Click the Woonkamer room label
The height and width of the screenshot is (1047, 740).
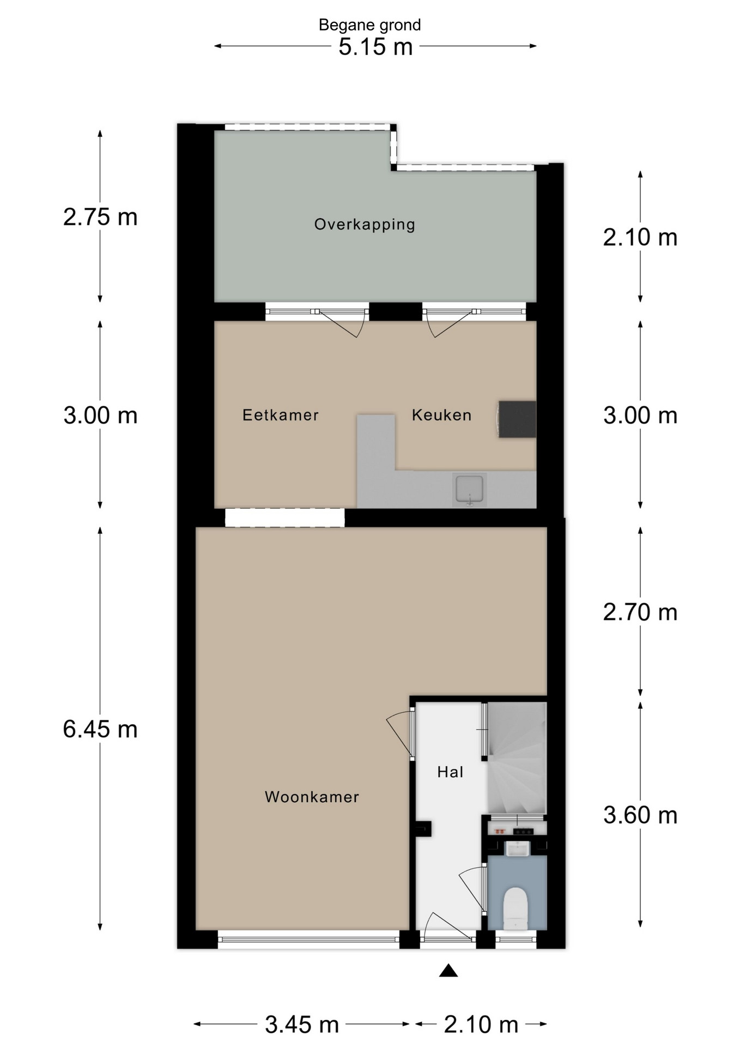312,797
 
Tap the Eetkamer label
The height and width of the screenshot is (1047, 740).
281,415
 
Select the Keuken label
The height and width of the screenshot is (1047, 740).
441,415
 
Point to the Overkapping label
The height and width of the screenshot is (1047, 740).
365,225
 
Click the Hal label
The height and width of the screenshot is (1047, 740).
450,772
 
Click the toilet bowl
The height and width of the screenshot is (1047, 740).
515,908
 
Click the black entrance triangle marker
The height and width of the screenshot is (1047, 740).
448,970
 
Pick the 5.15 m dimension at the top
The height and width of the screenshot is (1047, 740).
375,47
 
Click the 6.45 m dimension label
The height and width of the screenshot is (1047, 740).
100,729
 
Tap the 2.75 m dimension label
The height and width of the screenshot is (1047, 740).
100,217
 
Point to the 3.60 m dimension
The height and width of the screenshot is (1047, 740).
640,815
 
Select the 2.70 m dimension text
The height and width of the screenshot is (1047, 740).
640,612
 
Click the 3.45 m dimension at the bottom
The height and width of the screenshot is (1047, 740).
302,1025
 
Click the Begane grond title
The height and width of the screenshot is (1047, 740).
370,25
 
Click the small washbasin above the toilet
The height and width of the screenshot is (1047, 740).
517,849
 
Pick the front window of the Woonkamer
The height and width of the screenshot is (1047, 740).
309,939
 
